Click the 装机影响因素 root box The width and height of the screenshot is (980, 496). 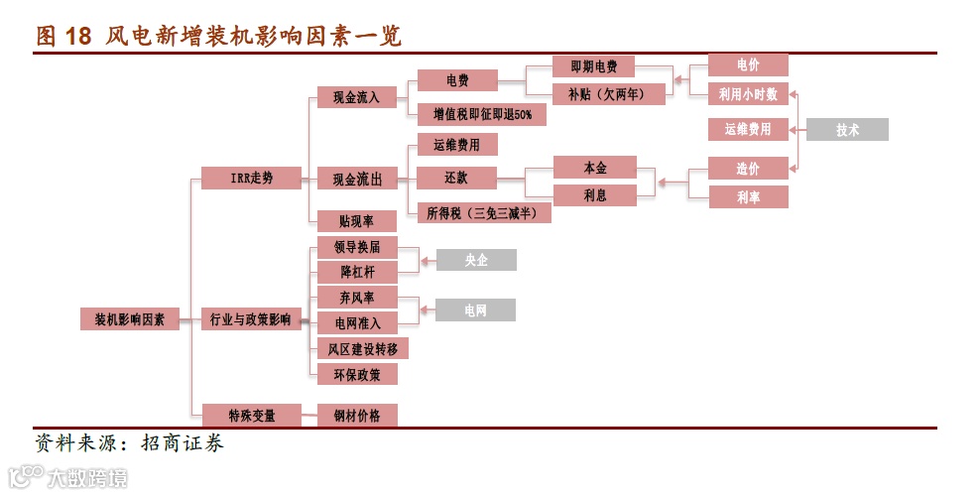point(130,319)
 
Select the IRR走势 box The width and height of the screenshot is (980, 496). point(251,179)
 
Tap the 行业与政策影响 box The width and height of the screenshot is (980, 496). point(251,319)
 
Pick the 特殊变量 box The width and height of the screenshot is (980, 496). point(251,415)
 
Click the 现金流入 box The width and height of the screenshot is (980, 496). point(356,96)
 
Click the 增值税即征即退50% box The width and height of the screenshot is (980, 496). point(482,115)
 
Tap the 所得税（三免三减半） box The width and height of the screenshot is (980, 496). point(484,211)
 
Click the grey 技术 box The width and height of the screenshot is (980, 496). point(846,129)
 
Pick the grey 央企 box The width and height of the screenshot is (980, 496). point(476,260)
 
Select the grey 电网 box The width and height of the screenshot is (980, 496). point(476,310)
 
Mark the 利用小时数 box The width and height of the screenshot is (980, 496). point(748,94)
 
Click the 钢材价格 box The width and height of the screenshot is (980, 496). point(356,415)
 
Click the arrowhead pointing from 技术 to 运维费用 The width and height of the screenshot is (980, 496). point(796,129)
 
